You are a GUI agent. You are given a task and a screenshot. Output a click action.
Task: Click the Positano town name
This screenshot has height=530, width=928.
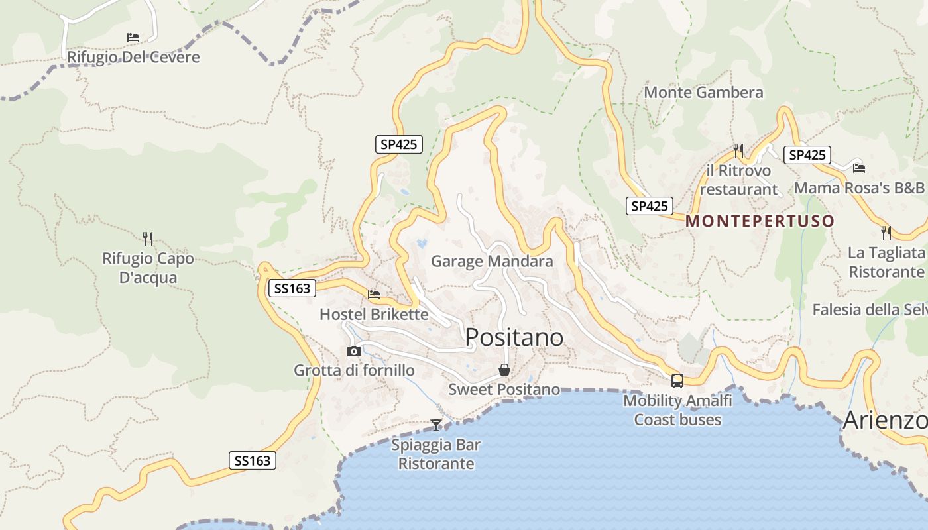point(514,337)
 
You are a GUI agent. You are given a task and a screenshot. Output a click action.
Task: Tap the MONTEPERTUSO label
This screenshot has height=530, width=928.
point(760,221)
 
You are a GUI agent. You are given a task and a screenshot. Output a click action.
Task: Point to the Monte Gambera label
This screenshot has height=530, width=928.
point(703,92)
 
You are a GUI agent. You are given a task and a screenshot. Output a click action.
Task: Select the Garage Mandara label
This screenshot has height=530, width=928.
point(492,261)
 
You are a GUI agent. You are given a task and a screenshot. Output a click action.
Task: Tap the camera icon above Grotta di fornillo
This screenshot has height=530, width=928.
point(354,351)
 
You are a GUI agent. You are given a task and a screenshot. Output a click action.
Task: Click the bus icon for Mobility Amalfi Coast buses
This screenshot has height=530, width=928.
point(677,381)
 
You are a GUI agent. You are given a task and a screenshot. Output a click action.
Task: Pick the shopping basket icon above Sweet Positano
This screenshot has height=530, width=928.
point(504,370)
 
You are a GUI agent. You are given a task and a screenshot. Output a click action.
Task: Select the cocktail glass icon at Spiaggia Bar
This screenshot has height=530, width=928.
point(436,425)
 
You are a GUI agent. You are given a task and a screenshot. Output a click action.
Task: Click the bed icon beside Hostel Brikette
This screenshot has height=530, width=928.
point(374,294)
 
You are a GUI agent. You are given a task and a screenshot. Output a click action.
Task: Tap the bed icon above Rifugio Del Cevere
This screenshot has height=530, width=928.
point(133,38)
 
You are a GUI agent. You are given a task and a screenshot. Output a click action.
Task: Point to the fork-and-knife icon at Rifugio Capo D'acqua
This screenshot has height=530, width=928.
point(148,238)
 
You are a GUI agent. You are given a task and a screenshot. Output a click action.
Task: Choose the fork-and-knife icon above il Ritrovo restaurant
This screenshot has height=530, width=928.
point(739,151)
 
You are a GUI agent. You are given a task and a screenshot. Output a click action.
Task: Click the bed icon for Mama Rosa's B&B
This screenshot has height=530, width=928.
point(859,168)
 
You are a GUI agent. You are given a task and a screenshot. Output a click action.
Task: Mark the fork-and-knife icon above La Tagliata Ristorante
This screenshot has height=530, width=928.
point(886,233)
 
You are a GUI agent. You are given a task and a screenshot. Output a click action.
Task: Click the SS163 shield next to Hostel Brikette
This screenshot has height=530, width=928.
point(292,288)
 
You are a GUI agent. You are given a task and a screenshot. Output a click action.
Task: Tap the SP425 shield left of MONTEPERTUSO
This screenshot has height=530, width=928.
point(650,206)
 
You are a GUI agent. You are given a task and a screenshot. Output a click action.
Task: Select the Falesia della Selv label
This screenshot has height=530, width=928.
point(870,309)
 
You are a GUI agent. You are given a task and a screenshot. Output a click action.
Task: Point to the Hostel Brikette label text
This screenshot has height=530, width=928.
point(374,314)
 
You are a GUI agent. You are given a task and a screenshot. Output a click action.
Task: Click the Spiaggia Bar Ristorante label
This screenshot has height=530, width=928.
point(436,454)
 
